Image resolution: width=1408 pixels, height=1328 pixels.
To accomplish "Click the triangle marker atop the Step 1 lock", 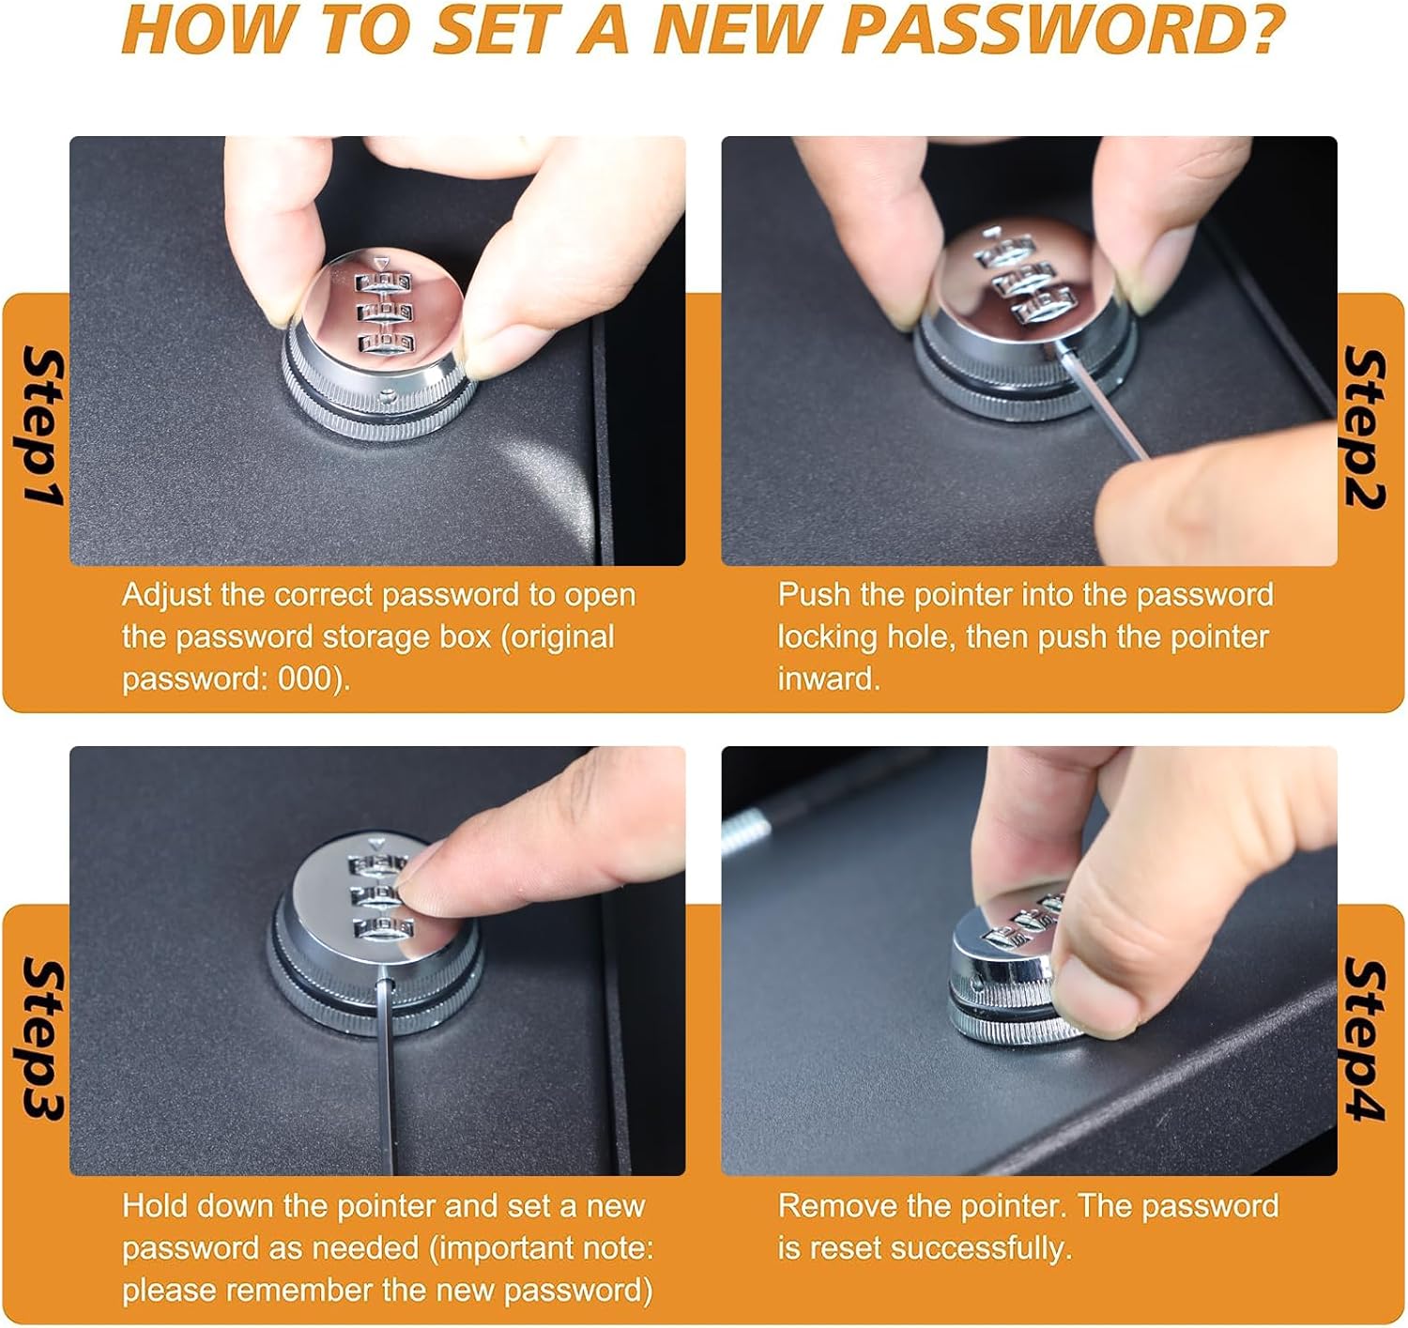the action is pyautogui.click(x=382, y=263).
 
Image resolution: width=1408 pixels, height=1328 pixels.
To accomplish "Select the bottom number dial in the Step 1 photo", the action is pyautogui.click(x=384, y=343).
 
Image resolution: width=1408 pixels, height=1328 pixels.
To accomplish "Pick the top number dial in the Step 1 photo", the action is pyautogui.click(x=383, y=282).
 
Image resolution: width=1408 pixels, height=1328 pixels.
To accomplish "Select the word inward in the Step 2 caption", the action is pyautogui.click(x=829, y=679).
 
